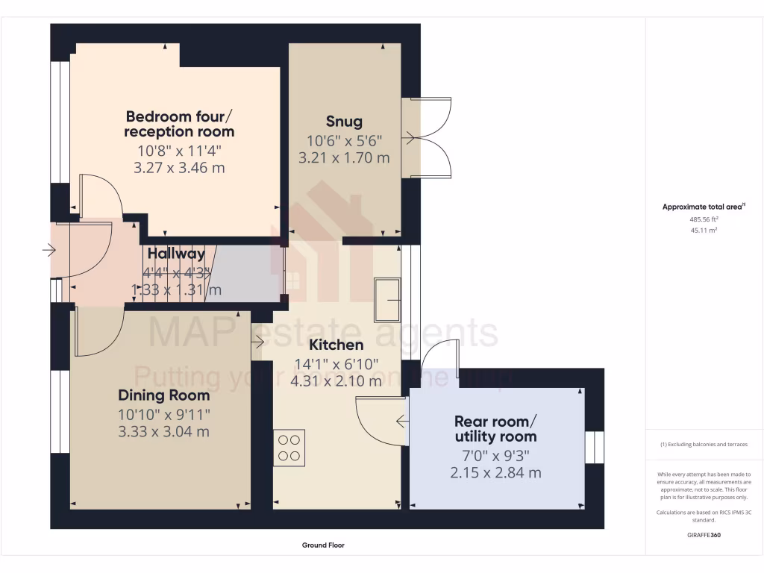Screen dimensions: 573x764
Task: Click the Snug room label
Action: pos(344,121)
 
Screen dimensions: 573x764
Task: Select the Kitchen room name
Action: pos(336,345)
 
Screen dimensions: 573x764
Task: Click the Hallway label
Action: pos(176,254)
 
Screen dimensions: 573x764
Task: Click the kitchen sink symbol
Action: pos(389,299)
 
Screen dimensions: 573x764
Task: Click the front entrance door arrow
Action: pos(50,251)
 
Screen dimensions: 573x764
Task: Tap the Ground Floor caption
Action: pos(323,545)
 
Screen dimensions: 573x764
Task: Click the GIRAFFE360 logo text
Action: pos(704,535)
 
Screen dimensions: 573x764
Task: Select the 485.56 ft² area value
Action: pos(704,220)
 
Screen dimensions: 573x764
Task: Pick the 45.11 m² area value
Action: pos(704,231)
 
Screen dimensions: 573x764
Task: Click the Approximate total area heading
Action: pos(704,207)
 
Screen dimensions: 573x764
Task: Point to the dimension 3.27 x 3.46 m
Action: pos(179,168)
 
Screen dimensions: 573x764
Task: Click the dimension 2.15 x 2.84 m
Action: pos(495,472)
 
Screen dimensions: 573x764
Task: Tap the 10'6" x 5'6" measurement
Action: pos(344,140)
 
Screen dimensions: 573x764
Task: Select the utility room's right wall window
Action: pos(594,448)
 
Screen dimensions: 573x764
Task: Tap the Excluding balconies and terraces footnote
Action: pos(704,444)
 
